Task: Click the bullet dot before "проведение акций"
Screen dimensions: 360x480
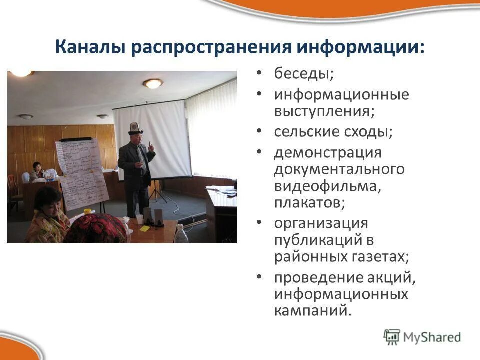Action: pyautogui.click(x=258, y=277)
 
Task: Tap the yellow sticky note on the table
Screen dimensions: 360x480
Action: pyautogui.click(x=145, y=228)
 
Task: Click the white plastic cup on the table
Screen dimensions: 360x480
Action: pyautogui.click(x=139, y=219)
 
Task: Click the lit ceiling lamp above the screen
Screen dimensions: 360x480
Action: pyautogui.click(x=153, y=83)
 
